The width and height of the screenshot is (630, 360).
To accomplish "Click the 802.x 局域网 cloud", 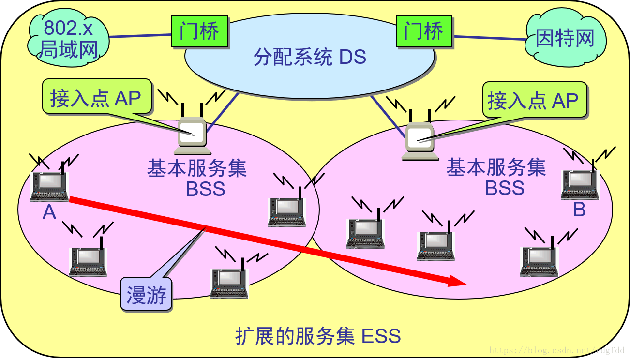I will [68, 39].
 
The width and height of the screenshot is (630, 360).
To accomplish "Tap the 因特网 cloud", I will [565, 39].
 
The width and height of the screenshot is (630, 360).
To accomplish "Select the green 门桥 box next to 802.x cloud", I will [199, 32].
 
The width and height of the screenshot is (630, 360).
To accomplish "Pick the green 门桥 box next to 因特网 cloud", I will [424, 32].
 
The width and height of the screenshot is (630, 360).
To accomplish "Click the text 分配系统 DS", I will [310, 58].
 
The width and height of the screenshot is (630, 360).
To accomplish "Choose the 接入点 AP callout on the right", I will [534, 101].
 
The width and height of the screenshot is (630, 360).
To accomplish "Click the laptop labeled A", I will [49, 186].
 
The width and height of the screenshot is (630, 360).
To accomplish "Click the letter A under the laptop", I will [49, 212].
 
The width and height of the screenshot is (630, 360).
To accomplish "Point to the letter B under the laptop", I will [579, 210].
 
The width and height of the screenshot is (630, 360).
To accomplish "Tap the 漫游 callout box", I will [146, 295].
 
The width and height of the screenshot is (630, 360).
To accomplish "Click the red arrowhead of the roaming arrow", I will [457, 281].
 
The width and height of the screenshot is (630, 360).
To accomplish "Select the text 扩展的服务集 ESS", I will [318, 336].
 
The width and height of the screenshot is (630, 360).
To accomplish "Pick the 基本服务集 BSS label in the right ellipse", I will [496, 177].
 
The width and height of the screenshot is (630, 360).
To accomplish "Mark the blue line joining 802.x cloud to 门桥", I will [140, 35].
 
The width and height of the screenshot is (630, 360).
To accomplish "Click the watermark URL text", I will [556, 350].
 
